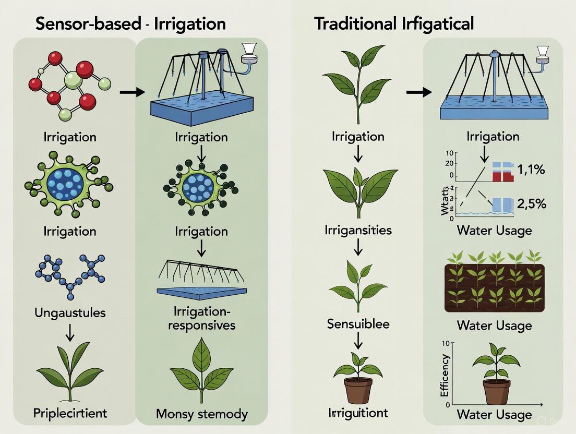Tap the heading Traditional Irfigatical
click(x=394, y=23)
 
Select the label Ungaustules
click(x=69, y=313)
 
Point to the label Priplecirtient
click(x=69, y=413)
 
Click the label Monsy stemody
click(x=201, y=414)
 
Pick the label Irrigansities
click(x=358, y=230)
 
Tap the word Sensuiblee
click(x=358, y=323)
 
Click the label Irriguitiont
click(x=358, y=413)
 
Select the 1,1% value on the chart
click(x=531, y=170)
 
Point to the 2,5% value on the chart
click(x=531, y=203)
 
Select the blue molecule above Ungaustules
click(x=69, y=271)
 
